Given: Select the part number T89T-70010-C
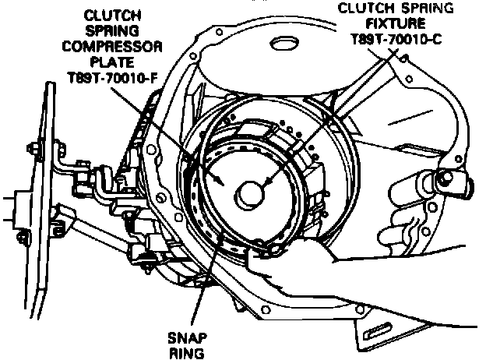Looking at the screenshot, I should pos(396,41).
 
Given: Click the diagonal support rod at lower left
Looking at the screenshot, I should pos(93,234).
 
